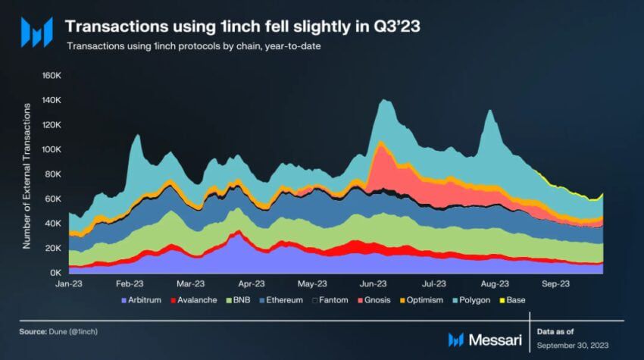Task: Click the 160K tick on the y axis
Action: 50,76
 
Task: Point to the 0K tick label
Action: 55,272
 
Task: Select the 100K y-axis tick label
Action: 50,149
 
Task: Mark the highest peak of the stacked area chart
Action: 385,99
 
